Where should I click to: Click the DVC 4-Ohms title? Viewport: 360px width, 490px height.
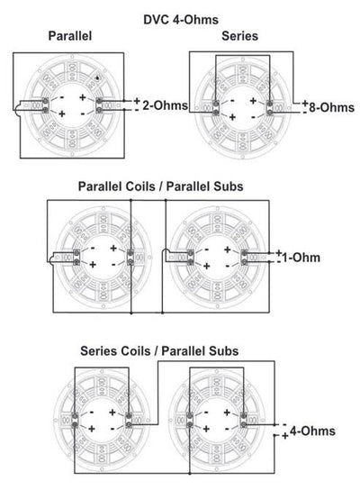pos(181,20)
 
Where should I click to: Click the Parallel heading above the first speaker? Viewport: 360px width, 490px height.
pos(70,36)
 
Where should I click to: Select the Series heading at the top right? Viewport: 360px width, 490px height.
pos(239,36)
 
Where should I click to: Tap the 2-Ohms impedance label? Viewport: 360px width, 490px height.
pos(166,105)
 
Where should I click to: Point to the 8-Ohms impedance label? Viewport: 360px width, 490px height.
pos(331,107)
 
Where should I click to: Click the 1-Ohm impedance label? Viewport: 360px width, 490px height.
pos(301,258)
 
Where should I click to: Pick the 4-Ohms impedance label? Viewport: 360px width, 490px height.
pos(312,431)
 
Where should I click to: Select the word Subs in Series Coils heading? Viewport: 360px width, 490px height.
pos(223,351)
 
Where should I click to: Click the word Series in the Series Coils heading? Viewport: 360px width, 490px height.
pos(98,351)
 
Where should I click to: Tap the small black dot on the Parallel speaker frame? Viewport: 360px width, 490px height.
pos(98,78)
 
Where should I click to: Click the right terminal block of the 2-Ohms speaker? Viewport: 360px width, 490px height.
pos(99,105)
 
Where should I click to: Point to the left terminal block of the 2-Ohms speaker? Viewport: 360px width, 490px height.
pos(46,105)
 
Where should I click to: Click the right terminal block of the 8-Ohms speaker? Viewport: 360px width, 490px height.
pos(270,108)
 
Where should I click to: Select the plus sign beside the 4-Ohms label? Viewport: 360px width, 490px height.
pos(285,436)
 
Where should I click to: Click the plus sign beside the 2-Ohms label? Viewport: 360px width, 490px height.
pos(137,101)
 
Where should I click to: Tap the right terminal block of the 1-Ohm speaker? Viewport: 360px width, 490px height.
pos(244,258)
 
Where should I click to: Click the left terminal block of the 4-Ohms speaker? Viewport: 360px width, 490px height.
pos(190,420)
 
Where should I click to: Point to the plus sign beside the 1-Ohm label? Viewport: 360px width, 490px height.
pos(279,252)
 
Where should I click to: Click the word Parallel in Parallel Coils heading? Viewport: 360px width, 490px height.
pos(100,186)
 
